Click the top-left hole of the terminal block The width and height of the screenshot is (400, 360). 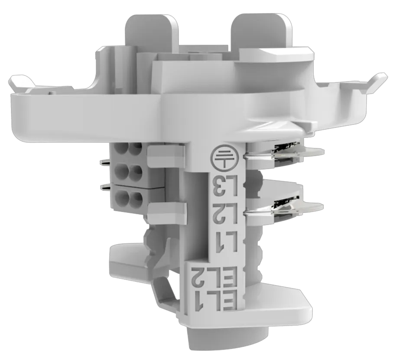click(x=121, y=148)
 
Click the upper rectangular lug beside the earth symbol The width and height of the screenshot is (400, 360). click(x=165, y=155)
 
